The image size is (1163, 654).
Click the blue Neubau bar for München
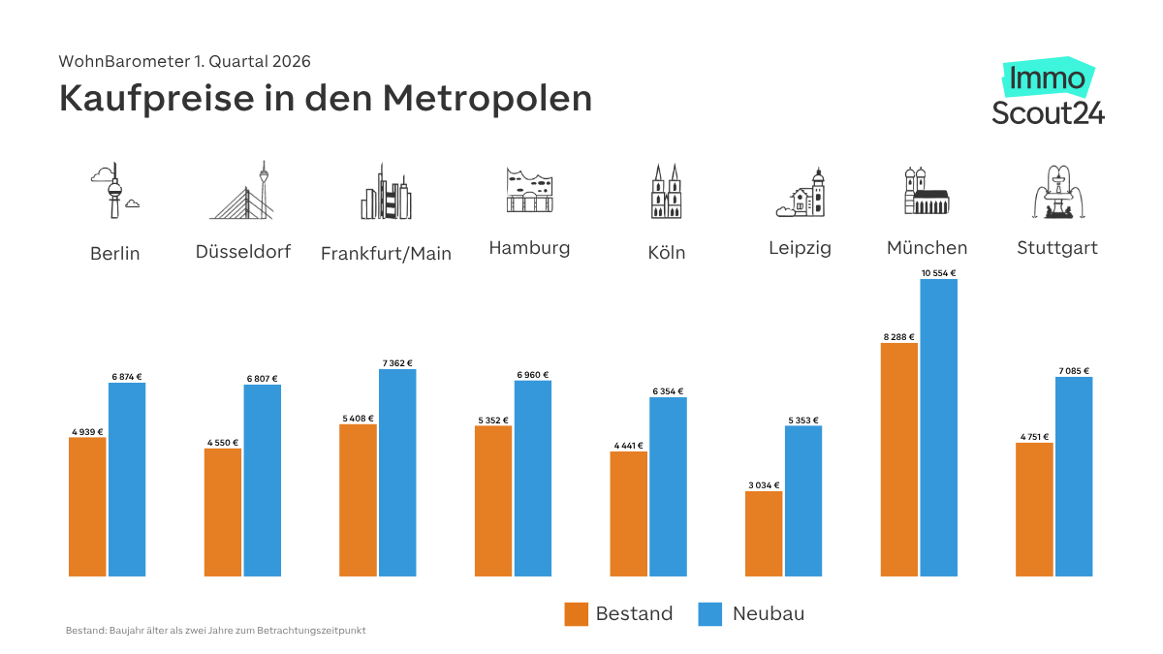938,427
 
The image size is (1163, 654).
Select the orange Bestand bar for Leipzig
764,533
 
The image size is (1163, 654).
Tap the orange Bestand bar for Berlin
87,507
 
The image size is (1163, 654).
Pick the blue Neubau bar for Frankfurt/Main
397,472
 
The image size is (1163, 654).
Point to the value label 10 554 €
938,273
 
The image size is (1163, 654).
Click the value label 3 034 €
764,484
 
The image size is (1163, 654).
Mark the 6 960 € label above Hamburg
532,374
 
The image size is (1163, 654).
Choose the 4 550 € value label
223,442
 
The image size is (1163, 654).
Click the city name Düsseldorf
243,252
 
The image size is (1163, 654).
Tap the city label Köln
667,253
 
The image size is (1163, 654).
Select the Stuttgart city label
1057,248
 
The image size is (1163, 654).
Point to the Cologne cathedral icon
667,191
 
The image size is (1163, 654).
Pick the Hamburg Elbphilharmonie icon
529,190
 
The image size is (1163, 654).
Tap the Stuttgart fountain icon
1057,192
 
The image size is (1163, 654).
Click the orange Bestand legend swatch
577,613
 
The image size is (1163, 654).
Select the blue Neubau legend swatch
710,613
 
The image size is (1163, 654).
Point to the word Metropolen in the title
487,99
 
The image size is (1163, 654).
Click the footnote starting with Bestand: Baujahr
215,631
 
